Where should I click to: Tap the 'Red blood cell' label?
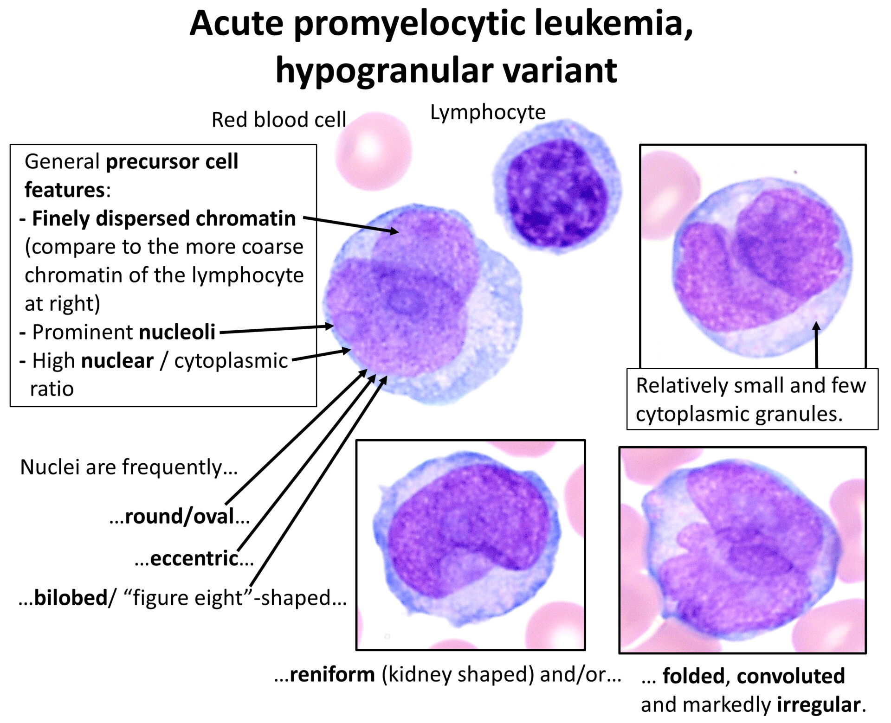coord(278,120)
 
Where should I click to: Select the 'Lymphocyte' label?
coord(487,112)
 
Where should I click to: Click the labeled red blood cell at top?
coord(373,151)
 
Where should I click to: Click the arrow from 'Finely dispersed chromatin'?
coord(350,224)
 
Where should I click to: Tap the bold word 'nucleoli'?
coord(177,332)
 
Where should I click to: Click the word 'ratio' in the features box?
coord(52,389)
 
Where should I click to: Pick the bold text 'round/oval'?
coord(180,516)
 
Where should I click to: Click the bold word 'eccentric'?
coord(194,558)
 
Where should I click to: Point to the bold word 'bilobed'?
coord(71,597)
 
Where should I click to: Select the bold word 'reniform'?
coord(332,674)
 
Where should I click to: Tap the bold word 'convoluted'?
coord(790,676)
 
